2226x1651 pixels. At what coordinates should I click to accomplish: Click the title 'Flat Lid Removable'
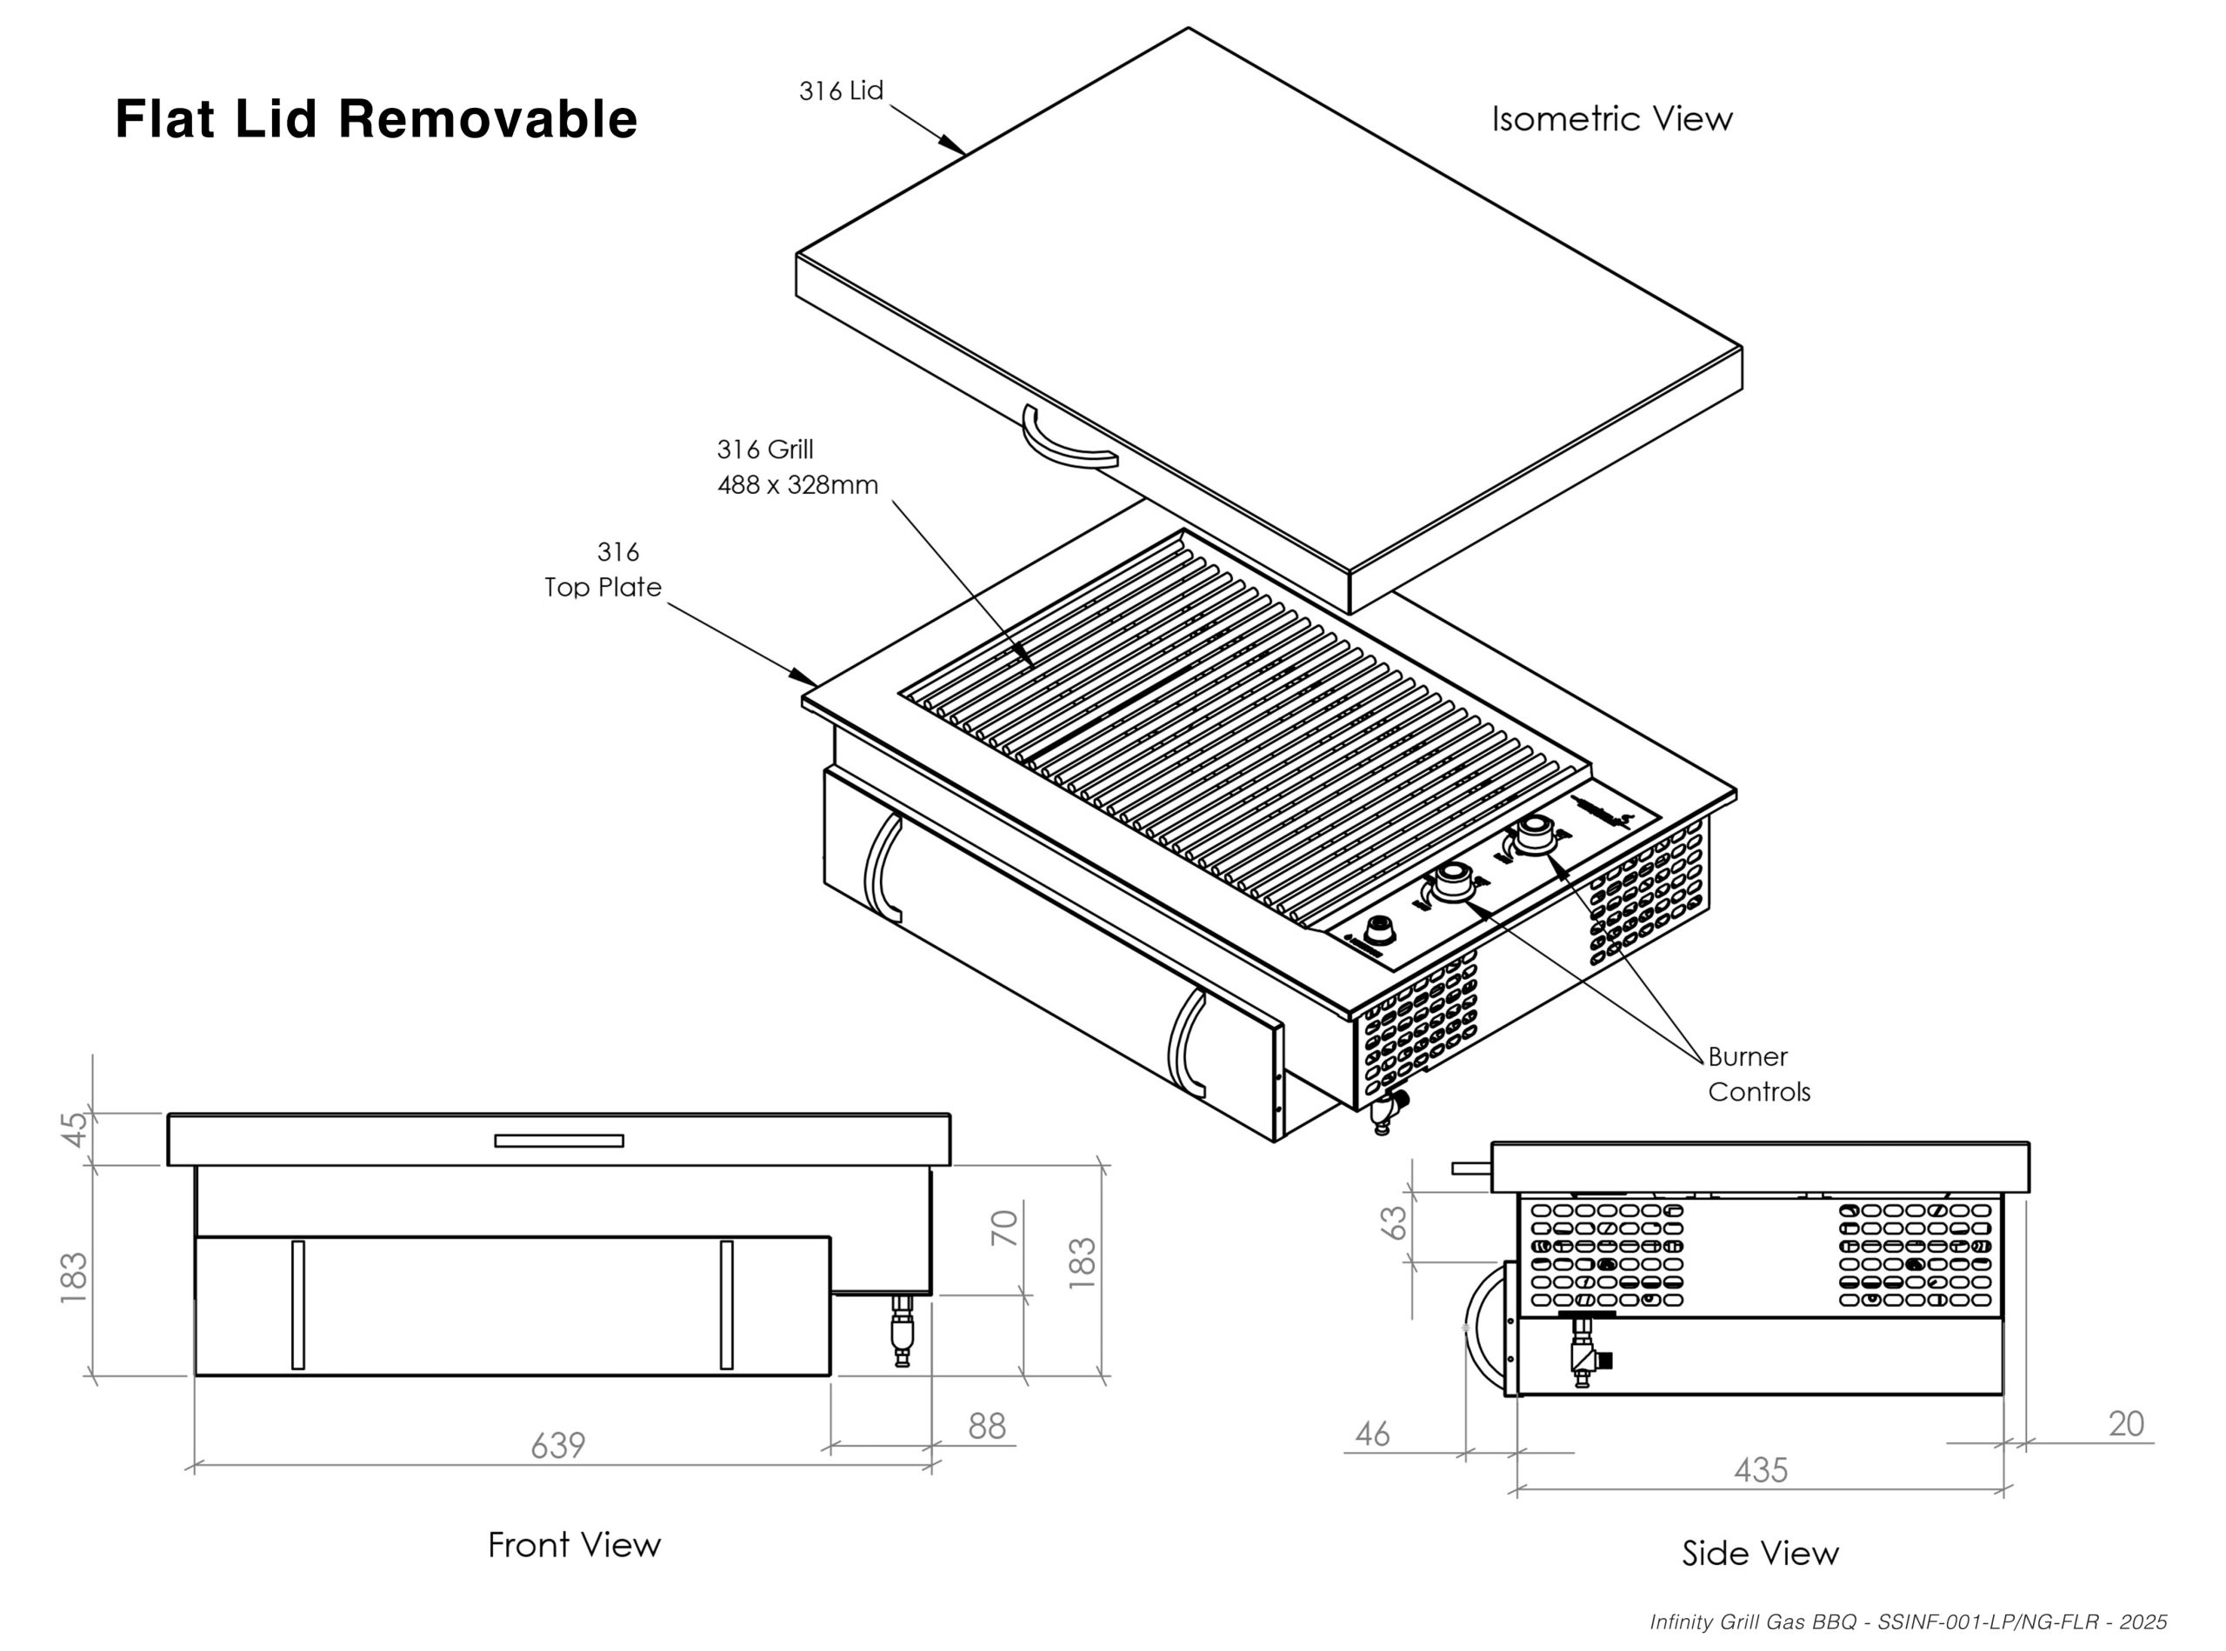point(376,119)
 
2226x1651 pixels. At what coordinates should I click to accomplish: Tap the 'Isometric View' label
point(1611,119)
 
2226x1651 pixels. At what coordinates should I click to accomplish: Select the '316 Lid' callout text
point(841,91)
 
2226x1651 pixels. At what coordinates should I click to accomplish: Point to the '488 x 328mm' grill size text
point(797,486)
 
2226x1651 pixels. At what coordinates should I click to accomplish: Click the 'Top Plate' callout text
point(603,587)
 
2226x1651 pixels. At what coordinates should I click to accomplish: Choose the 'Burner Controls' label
point(1758,1075)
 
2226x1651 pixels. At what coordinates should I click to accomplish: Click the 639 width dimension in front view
point(557,1445)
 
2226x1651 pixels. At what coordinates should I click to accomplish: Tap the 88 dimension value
point(987,1426)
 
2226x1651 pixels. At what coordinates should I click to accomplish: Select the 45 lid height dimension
point(75,1129)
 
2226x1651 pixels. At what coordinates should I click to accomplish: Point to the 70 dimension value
point(1004,1228)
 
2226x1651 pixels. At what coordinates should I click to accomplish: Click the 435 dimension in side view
point(1760,1470)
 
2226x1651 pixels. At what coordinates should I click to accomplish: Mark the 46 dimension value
point(1372,1435)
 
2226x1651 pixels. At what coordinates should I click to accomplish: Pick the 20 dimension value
point(2126,1424)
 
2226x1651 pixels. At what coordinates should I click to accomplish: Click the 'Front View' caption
point(574,1545)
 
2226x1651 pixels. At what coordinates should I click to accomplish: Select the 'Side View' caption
point(1759,1553)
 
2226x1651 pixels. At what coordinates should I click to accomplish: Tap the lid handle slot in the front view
point(559,1142)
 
